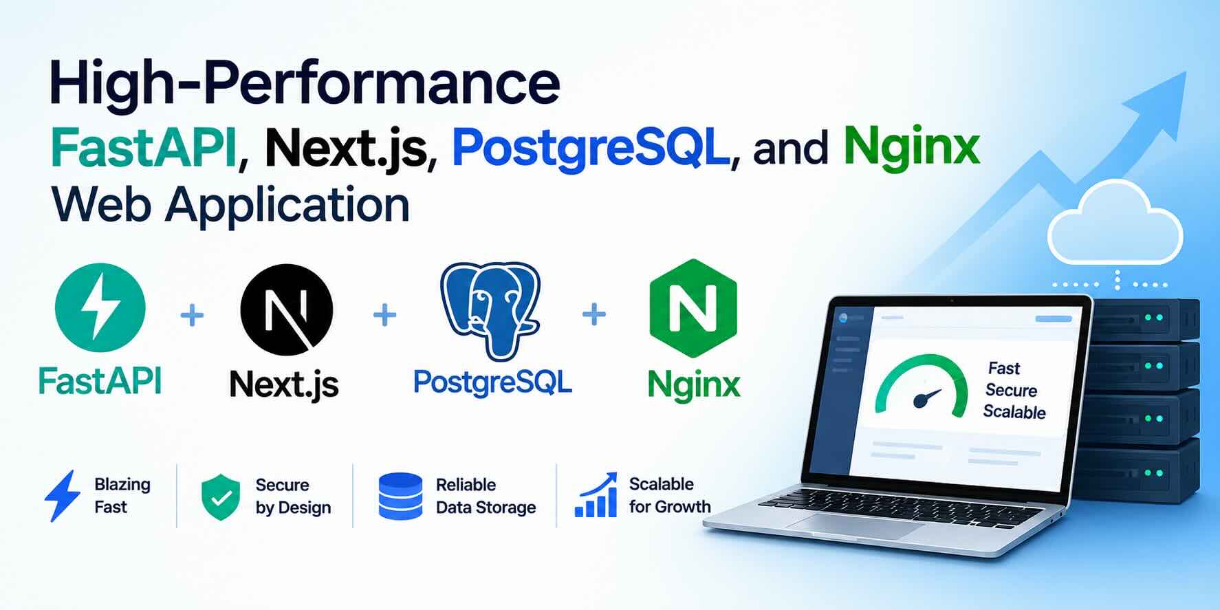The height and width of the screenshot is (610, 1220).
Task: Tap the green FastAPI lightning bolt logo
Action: click(100, 307)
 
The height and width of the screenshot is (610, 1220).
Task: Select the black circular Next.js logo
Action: click(287, 309)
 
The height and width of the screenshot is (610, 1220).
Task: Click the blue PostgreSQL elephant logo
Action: click(490, 311)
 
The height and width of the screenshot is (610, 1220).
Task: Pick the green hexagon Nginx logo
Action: click(693, 308)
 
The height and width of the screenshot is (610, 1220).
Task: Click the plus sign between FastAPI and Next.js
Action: click(192, 316)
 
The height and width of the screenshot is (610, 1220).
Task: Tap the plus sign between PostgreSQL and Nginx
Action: click(594, 315)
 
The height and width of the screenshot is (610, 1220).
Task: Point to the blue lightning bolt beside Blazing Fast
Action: click(63, 496)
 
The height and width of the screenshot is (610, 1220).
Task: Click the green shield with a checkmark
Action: click(221, 497)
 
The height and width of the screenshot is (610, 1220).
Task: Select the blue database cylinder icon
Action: click(400, 496)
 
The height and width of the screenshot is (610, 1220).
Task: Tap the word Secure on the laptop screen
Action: click(1011, 390)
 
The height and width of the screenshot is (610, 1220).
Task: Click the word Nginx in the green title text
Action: click(911, 148)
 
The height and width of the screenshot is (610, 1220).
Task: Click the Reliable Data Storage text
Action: click(486, 496)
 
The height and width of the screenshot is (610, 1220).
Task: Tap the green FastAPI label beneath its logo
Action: click(100, 380)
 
